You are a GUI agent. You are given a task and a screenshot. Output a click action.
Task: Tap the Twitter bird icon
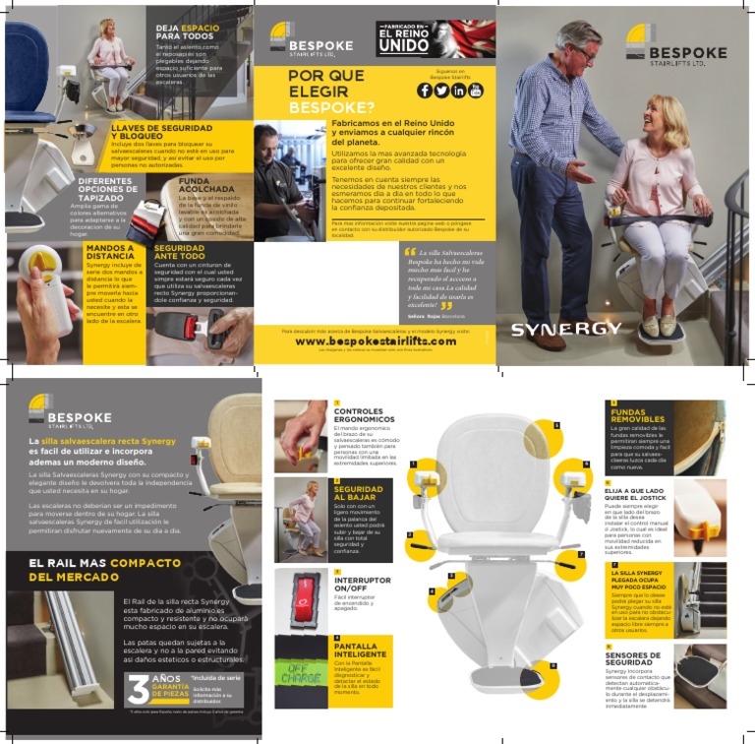tap(441, 91)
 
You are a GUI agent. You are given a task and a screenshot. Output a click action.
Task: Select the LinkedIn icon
tap(459, 91)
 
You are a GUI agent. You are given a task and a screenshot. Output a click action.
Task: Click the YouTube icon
tap(476, 91)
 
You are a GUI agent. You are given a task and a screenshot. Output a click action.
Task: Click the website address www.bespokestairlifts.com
tap(376, 341)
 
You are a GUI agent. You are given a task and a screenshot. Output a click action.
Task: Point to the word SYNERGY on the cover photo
tap(565, 328)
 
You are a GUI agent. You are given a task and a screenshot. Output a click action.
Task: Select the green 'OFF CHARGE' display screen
tap(301, 672)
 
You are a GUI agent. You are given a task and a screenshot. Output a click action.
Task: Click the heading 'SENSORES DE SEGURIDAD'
tap(633, 658)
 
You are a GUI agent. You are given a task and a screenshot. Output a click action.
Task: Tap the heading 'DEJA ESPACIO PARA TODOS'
tap(187, 31)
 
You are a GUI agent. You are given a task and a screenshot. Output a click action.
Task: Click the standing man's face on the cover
tap(575, 43)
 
